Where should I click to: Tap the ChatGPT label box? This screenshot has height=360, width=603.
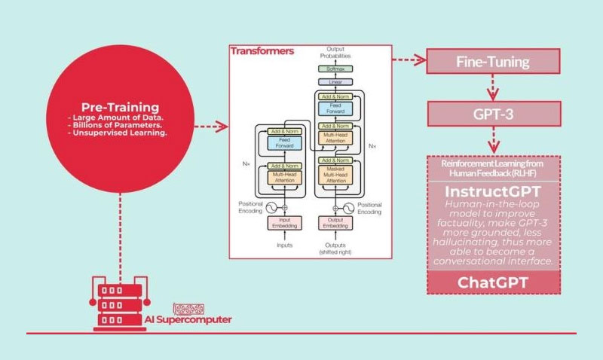494,282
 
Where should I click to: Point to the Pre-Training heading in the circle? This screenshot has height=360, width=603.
120,108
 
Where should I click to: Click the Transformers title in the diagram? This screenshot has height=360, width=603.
262,53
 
